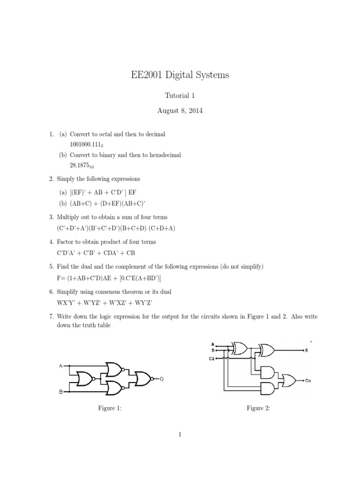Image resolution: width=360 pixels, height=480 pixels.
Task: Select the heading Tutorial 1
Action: click(180, 96)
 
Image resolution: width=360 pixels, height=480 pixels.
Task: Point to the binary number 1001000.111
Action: click(86, 144)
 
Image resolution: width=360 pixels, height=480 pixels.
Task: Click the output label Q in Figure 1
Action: click(162, 379)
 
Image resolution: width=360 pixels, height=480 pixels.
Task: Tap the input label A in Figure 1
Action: click(60, 365)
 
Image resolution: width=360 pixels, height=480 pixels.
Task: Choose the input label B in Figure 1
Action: click(60, 392)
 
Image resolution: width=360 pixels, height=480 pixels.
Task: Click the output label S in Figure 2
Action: click(306, 350)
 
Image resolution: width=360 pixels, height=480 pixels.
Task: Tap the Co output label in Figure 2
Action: click(308, 381)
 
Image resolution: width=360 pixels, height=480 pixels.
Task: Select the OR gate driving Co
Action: click(287, 380)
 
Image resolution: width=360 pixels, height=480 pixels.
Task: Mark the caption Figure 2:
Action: click(258, 408)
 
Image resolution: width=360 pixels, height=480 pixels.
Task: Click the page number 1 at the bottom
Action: click(180, 435)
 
